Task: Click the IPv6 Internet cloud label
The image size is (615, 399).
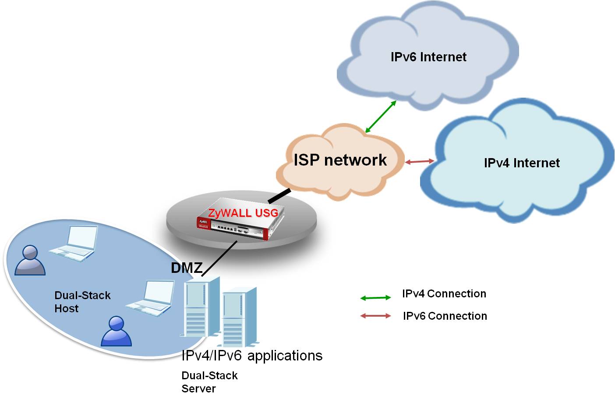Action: pos(428,57)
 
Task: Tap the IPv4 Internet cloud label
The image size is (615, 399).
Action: pos(521,163)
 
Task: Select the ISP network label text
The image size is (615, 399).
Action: pos(340,160)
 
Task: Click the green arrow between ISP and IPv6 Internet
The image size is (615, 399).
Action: pos(381,117)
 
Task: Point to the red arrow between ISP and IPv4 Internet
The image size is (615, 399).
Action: pos(419,162)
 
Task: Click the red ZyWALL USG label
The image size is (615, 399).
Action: pos(243,213)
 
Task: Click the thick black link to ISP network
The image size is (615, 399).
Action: pos(279,196)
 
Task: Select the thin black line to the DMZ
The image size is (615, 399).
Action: pos(219,258)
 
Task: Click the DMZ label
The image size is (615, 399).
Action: pos(187,268)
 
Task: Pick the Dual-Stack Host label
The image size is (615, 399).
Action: pos(82,302)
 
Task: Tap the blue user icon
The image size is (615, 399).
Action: pos(116,331)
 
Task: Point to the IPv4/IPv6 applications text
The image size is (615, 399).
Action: pos(252,355)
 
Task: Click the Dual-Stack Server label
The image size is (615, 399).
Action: pos(209,382)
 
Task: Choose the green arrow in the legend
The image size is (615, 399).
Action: pos(375,298)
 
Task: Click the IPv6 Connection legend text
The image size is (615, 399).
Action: pos(445,316)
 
